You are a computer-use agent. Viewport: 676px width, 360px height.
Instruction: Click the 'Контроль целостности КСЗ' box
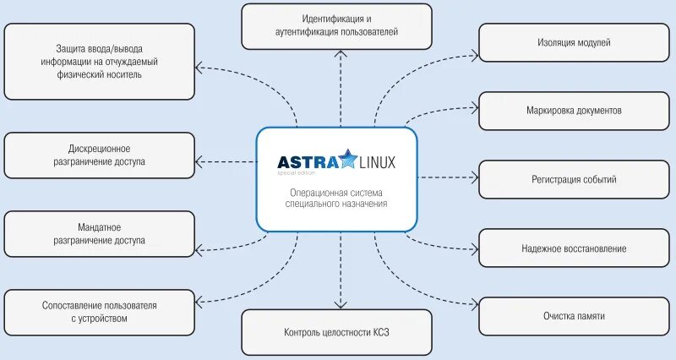(x=337, y=332)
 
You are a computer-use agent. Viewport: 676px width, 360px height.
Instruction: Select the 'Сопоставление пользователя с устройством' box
(x=99, y=312)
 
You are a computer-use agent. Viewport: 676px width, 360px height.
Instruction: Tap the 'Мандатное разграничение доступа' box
(x=99, y=234)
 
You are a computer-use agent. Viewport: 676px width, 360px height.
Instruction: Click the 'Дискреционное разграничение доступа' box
(x=99, y=155)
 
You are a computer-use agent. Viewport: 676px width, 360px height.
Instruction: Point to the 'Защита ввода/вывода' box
(x=99, y=62)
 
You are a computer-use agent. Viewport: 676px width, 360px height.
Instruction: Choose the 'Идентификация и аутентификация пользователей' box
(x=337, y=25)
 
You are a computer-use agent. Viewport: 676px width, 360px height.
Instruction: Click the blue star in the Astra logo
(x=349, y=159)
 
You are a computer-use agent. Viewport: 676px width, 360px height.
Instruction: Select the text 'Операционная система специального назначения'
(x=337, y=198)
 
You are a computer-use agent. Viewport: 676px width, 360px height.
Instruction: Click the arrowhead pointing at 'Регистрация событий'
(x=474, y=178)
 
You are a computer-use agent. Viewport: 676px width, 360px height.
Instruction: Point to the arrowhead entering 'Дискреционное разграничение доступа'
(x=199, y=160)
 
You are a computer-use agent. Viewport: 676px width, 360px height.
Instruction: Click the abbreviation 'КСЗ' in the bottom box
(x=380, y=332)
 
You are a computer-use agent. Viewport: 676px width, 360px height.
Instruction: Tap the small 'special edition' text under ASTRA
(x=296, y=173)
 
